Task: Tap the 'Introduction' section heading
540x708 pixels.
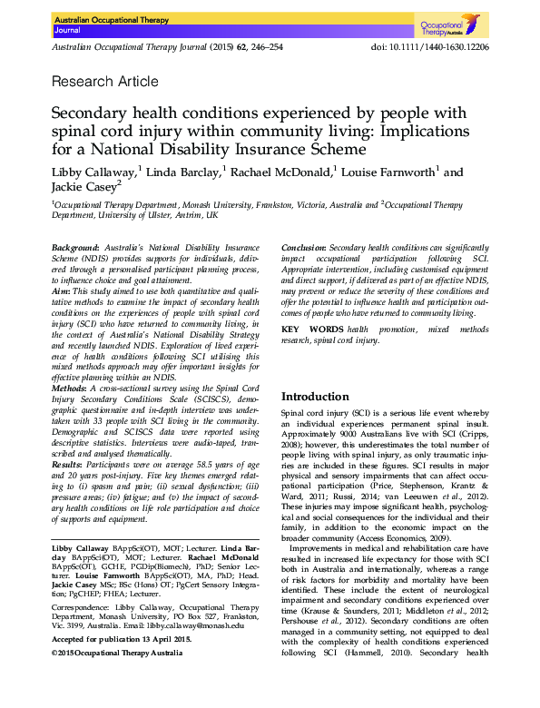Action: pyautogui.click(x=315, y=397)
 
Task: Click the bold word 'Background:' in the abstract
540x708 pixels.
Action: pyautogui.click(x=75, y=248)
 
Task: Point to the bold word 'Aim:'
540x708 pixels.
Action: pyautogui.click(x=63, y=290)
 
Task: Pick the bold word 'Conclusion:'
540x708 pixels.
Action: pyautogui.click(x=303, y=248)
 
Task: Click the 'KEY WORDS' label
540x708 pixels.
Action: pyautogui.click(x=312, y=328)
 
